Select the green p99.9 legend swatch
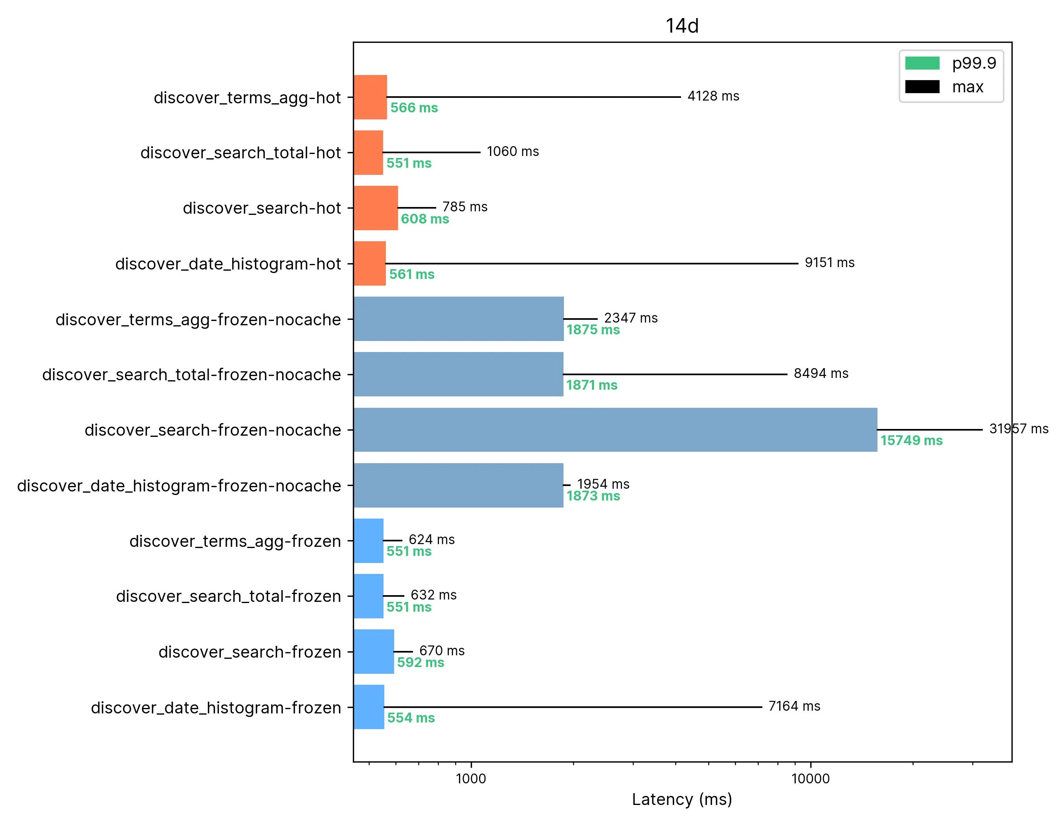921,63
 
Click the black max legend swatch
921,87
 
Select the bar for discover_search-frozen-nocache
615,430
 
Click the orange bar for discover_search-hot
376,208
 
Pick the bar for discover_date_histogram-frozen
369,707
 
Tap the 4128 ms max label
713,96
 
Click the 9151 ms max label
829,263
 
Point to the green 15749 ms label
911,440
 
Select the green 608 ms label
424,219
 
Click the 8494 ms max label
821,374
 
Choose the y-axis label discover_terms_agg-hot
247,97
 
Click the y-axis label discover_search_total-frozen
228,596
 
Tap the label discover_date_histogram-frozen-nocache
179,486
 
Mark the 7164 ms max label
794,706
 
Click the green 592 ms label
420,662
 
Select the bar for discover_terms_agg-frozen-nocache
458,319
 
